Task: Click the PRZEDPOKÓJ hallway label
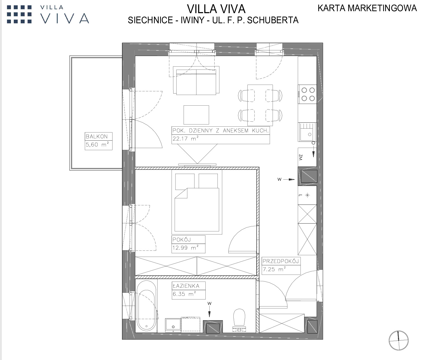(281, 261)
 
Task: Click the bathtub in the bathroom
(146, 305)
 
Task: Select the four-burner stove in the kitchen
(307, 94)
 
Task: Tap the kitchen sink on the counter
(307, 132)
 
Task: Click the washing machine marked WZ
(307, 157)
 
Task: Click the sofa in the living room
(196, 80)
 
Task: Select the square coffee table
(196, 115)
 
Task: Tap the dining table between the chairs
(260, 105)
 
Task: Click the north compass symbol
(399, 340)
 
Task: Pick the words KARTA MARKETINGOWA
(367, 8)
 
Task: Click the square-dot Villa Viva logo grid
(19, 14)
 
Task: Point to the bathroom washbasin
(173, 325)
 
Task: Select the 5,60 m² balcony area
(97, 144)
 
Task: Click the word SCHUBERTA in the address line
(273, 20)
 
